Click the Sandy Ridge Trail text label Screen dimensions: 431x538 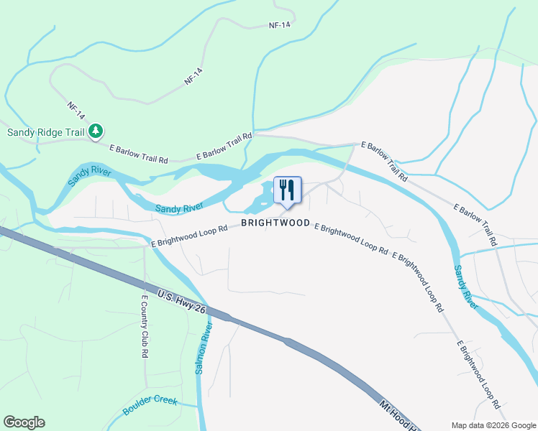point(46,131)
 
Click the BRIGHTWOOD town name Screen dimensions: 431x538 point(275,223)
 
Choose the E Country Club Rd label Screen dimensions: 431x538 point(145,327)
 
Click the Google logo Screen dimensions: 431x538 point(24,422)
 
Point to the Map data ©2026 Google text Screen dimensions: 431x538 point(493,425)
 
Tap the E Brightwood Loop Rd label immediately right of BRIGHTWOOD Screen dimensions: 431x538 point(351,239)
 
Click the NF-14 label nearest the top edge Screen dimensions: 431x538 point(280,24)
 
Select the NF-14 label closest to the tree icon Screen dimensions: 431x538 point(76,110)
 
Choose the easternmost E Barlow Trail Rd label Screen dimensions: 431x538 point(475,225)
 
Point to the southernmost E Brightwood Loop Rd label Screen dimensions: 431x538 point(478,370)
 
